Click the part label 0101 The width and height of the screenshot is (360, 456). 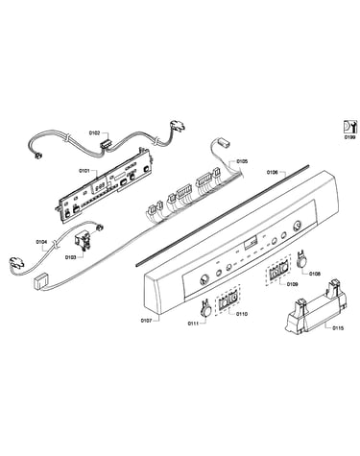point(84,171)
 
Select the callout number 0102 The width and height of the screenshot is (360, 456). point(94,132)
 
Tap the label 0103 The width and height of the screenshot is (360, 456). point(70,257)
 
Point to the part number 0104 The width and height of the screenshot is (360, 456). point(41,242)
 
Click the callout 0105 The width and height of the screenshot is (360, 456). point(242,161)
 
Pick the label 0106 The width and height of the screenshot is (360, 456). point(272,172)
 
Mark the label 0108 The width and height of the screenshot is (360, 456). point(315,274)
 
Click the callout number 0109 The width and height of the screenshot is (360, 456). point(292,284)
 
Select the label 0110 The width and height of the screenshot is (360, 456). point(242,314)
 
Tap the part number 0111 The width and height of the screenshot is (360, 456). point(193,324)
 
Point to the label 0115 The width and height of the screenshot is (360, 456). point(338,327)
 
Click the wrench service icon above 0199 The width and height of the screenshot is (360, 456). point(349,127)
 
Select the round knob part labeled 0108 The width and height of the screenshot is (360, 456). point(301,260)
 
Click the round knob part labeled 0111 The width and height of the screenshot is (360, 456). point(206,308)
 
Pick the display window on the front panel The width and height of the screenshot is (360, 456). point(251,244)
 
